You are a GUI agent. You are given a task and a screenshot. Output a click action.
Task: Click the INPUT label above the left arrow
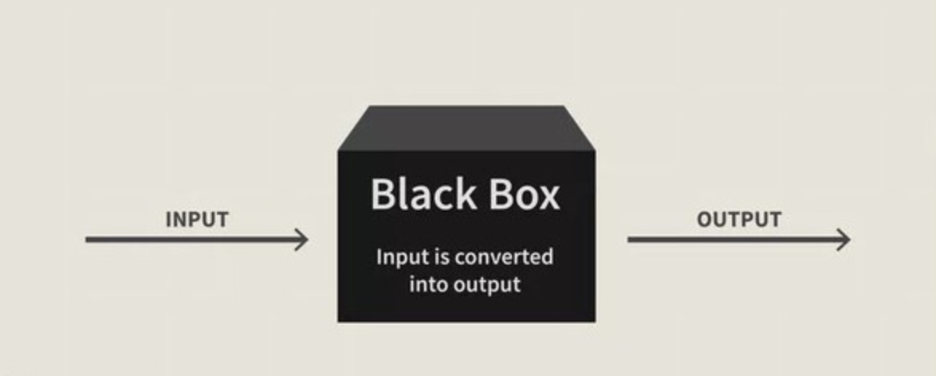pyautogui.click(x=197, y=219)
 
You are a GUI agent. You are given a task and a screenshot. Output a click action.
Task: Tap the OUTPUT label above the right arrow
pyautogui.click(x=739, y=219)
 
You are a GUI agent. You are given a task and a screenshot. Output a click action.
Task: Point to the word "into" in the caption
pyautogui.click(x=429, y=284)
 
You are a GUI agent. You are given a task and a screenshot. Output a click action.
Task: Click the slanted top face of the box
pyautogui.click(x=466, y=127)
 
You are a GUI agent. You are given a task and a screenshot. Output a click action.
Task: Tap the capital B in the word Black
pyautogui.click(x=383, y=194)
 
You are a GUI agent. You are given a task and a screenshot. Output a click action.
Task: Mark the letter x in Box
pyautogui.click(x=548, y=198)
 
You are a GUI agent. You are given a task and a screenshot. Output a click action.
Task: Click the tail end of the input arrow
pyautogui.click(x=88, y=239)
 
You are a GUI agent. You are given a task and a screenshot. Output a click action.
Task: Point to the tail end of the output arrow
pyautogui.click(x=631, y=239)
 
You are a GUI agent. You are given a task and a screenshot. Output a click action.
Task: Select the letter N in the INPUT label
pyautogui.click(x=180, y=219)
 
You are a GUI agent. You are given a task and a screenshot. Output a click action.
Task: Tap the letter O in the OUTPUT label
pyautogui.click(x=706, y=219)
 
